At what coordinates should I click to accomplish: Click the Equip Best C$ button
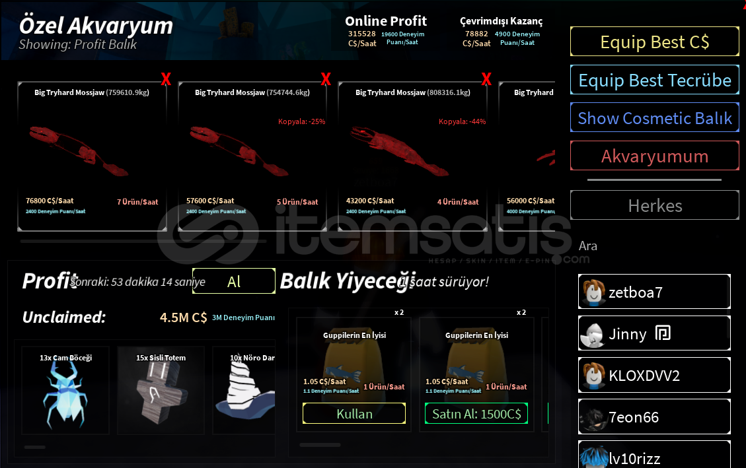point(654,42)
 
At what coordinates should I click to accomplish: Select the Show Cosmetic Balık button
point(654,118)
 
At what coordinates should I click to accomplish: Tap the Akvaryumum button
point(654,156)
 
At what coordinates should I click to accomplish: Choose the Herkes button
point(654,205)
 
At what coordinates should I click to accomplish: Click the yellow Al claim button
point(233,281)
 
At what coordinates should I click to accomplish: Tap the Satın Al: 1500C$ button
point(476,414)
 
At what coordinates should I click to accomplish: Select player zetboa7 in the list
point(654,292)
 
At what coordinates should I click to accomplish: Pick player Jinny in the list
point(654,334)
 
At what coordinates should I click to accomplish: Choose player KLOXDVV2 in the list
point(654,376)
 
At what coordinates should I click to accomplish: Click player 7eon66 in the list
point(654,417)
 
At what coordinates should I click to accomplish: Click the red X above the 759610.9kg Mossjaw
point(166,80)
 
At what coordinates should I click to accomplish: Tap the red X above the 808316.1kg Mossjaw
point(486,80)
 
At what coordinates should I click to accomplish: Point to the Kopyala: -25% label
point(301,121)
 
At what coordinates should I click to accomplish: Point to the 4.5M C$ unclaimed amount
point(183,318)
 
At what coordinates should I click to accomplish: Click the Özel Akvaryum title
point(96,26)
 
